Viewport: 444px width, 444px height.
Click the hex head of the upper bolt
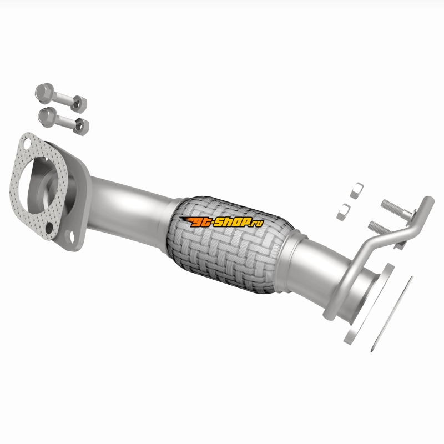44,93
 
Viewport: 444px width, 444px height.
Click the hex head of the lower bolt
47,117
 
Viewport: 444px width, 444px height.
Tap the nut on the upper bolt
79,104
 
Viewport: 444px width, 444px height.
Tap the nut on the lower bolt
81,127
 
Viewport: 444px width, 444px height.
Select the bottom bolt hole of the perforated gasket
49,228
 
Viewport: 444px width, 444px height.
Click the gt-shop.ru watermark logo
223,221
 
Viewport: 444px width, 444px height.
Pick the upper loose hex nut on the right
357,190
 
